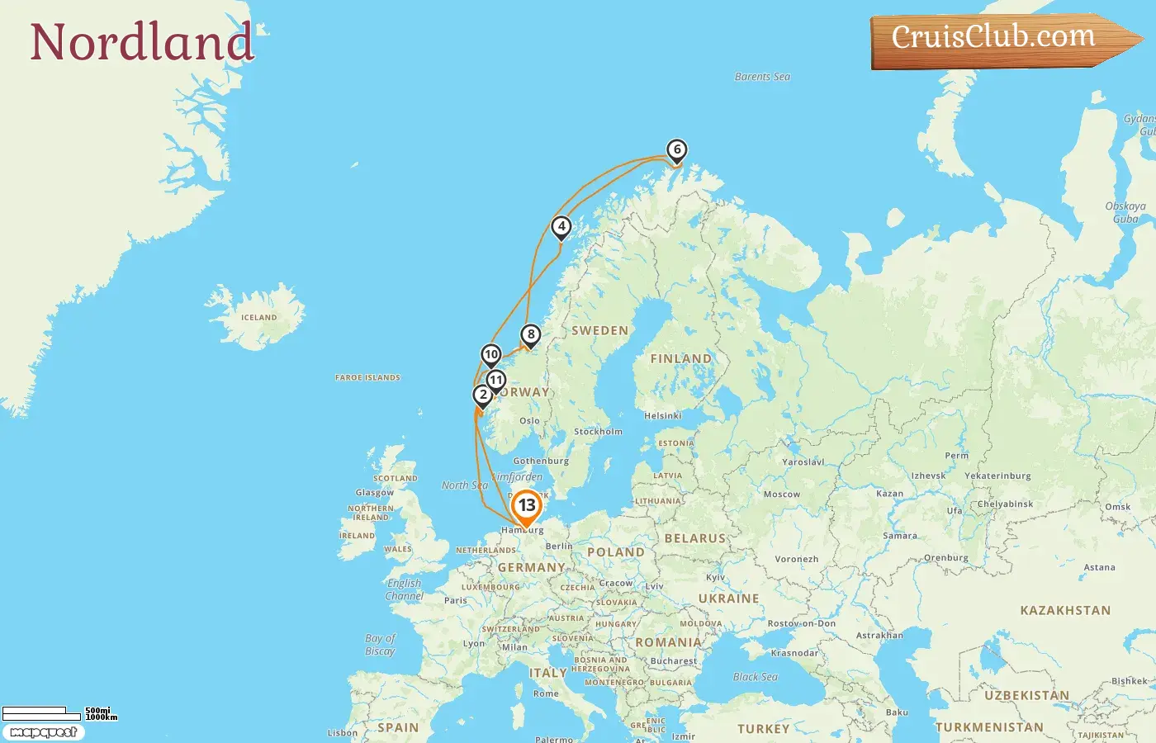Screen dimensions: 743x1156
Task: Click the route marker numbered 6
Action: coord(677,150)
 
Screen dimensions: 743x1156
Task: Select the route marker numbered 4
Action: coord(561,227)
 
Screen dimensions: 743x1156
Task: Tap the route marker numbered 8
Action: coord(531,335)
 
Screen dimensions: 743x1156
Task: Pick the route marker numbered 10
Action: coord(491,355)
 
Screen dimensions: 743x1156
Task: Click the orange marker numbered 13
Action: coord(527,506)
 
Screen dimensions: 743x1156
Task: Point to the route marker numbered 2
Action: coord(483,395)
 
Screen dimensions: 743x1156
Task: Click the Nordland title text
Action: coord(141,42)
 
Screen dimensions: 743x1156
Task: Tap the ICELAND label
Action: coord(258,318)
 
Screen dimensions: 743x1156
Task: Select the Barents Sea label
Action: coord(762,77)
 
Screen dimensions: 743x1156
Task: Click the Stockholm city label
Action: coord(598,432)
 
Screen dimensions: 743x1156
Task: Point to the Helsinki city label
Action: coord(662,416)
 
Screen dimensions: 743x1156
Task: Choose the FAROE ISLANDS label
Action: coord(367,378)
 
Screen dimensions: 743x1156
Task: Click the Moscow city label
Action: coord(781,495)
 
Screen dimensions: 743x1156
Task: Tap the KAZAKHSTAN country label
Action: coord(1065,611)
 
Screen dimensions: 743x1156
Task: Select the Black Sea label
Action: coord(755,677)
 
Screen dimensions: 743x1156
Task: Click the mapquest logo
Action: coord(43,732)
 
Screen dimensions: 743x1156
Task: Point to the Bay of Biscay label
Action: coord(380,645)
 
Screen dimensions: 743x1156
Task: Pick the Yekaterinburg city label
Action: coord(997,476)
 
